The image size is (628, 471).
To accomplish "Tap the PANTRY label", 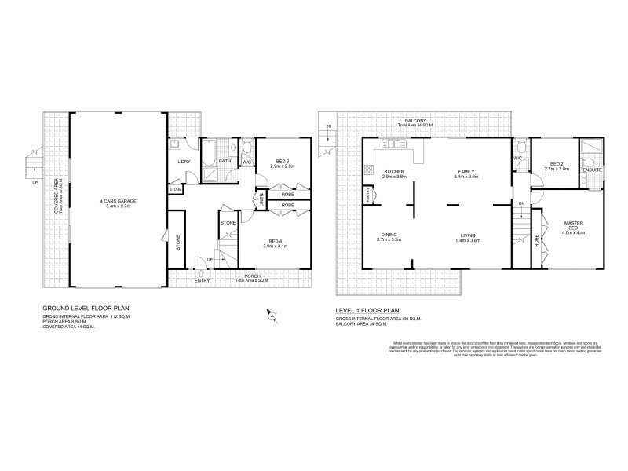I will (x=367, y=192).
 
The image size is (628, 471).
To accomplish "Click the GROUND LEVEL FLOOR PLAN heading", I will (x=86, y=310).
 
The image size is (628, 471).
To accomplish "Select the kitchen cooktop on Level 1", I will (x=367, y=169).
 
